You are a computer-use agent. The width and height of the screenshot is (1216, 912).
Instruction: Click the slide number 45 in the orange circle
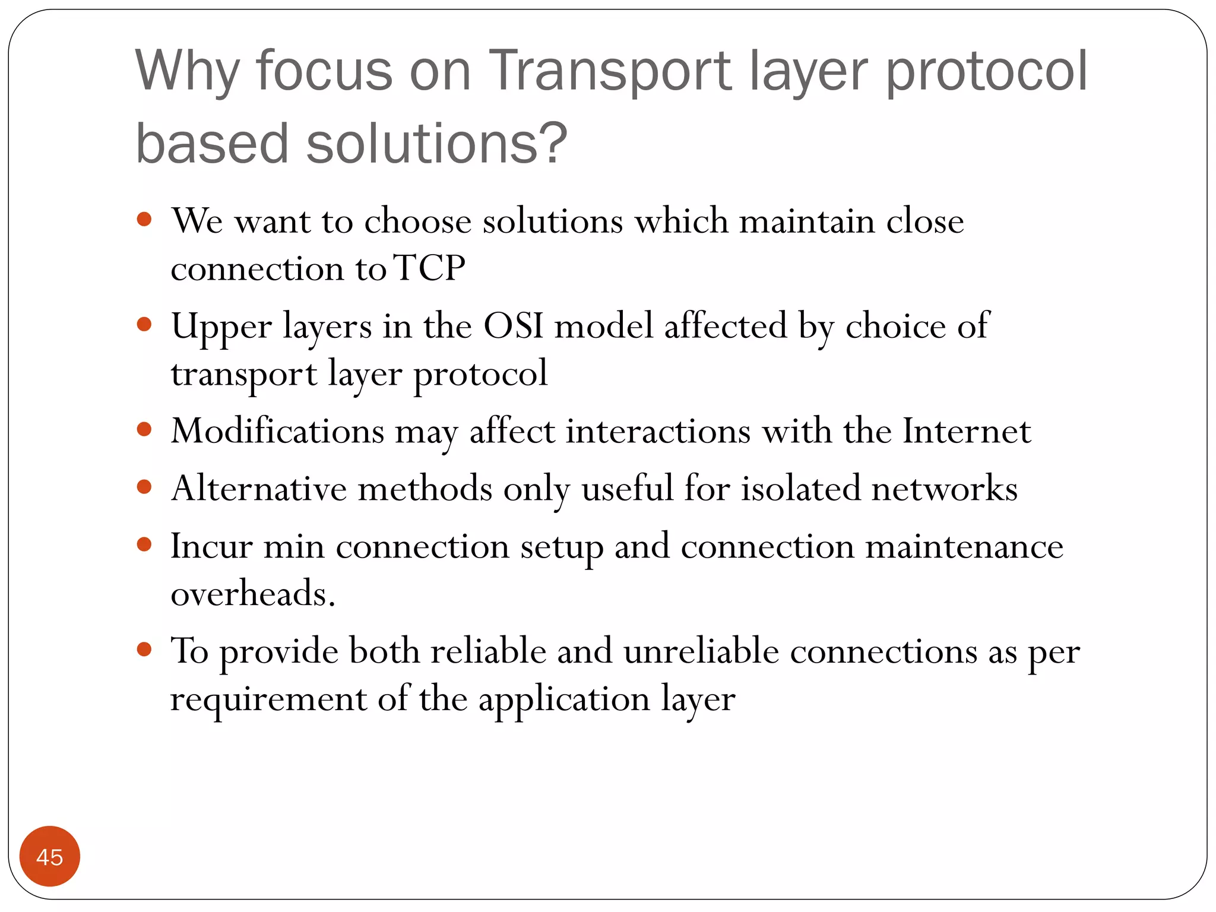click(x=49, y=857)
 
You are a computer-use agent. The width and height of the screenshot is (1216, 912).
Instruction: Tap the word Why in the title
click(x=187, y=71)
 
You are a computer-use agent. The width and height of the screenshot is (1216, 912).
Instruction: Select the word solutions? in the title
click(x=437, y=144)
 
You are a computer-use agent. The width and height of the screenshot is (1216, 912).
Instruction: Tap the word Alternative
click(x=259, y=489)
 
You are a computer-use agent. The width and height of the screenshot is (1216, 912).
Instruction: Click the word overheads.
click(x=253, y=593)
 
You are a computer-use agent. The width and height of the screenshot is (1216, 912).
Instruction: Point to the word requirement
click(x=268, y=699)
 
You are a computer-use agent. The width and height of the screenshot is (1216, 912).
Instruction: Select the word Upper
click(x=221, y=327)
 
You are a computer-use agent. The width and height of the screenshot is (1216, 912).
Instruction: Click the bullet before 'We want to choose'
click(x=144, y=220)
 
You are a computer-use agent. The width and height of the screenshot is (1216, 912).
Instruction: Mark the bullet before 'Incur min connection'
click(x=144, y=544)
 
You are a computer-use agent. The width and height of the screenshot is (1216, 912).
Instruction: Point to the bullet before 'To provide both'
click(x=144, y=649)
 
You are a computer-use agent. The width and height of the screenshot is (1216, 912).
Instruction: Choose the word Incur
click(x=211, y=546)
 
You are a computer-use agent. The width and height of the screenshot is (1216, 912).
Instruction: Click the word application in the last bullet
click(x=564, y=699)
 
